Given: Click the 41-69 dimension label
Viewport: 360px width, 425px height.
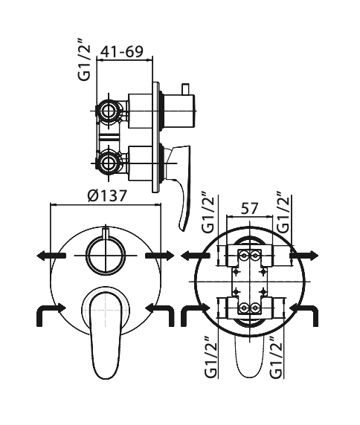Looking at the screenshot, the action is pos(121,51).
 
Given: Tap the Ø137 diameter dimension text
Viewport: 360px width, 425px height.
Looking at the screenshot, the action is pos(107,195).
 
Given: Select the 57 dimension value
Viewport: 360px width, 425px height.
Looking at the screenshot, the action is pos(248,209).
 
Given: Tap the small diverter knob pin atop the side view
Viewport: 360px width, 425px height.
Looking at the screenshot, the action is pos(186,89).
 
